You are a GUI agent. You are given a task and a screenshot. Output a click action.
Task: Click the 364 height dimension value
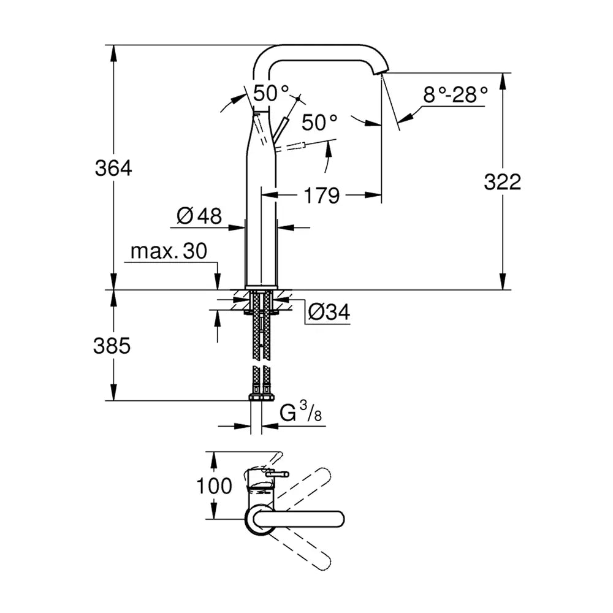(113, 169)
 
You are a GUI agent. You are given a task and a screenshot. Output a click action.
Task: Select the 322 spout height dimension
(503, 182)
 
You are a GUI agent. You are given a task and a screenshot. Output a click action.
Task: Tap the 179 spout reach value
(321, 196)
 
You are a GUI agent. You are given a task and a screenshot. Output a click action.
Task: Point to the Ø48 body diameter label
(199, 216)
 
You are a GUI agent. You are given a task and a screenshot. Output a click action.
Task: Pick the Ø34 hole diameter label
(329, 311)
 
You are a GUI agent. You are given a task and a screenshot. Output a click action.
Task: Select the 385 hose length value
(112, 346)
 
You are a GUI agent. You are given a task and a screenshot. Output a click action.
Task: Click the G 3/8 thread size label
(300, 413)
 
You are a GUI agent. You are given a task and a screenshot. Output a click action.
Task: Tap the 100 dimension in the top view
(214, 486)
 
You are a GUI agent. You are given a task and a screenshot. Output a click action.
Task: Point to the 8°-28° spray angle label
(455, 95)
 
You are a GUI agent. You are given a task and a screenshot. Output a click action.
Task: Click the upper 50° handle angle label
(271, 93)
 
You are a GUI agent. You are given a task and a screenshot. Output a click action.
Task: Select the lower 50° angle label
(319, 123)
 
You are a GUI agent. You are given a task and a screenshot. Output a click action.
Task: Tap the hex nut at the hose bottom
(261, 397)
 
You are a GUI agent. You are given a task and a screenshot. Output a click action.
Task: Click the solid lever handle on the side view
(281, 128)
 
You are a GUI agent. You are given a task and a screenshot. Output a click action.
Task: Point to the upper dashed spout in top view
(305, 489)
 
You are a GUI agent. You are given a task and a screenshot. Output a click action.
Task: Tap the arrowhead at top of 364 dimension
(113, 52)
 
